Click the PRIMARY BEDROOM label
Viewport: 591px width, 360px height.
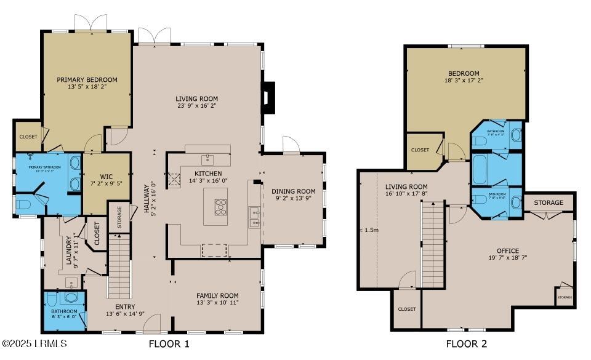[x=87, y=79]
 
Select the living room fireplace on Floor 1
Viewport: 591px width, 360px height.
[x=265, y=97]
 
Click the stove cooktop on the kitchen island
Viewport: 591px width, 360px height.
[x=220, y=205]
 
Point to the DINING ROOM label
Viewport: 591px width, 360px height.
[x=294, y=191]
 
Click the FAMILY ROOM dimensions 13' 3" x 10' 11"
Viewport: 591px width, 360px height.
[x=217, y=303]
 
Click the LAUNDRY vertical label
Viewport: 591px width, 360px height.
[x=70, y=249]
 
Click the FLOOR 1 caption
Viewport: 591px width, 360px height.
[x=169, y=344]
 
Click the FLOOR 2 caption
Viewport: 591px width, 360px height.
[x=471, y=344]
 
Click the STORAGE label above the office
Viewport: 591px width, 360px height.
[x=549, y=202]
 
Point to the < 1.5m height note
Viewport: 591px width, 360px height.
[x=368, y=230]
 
